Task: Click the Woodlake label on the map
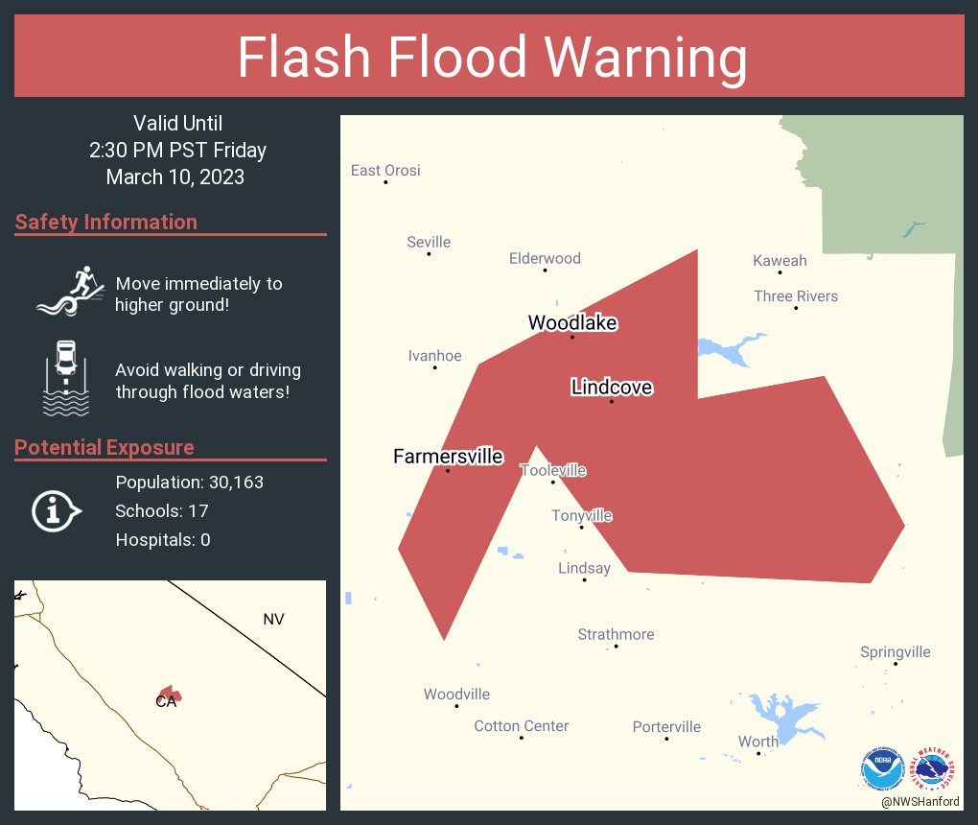[572, 323]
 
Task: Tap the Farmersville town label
[448, 457]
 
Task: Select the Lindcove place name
[612, 388]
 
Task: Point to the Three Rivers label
[796, 295]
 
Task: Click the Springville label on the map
[895, 652]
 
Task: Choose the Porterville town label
[666, 727]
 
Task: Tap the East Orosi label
[385, 171]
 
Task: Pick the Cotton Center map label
[522, 726]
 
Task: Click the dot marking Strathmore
[616, 647]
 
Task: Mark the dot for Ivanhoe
[434, 367]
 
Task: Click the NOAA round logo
[882, 768]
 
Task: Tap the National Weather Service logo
[935, 768]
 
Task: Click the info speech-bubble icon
[57, 510]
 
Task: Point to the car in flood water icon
[66, 378]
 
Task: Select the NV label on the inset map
[273, 620]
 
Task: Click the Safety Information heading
[106, 223]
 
